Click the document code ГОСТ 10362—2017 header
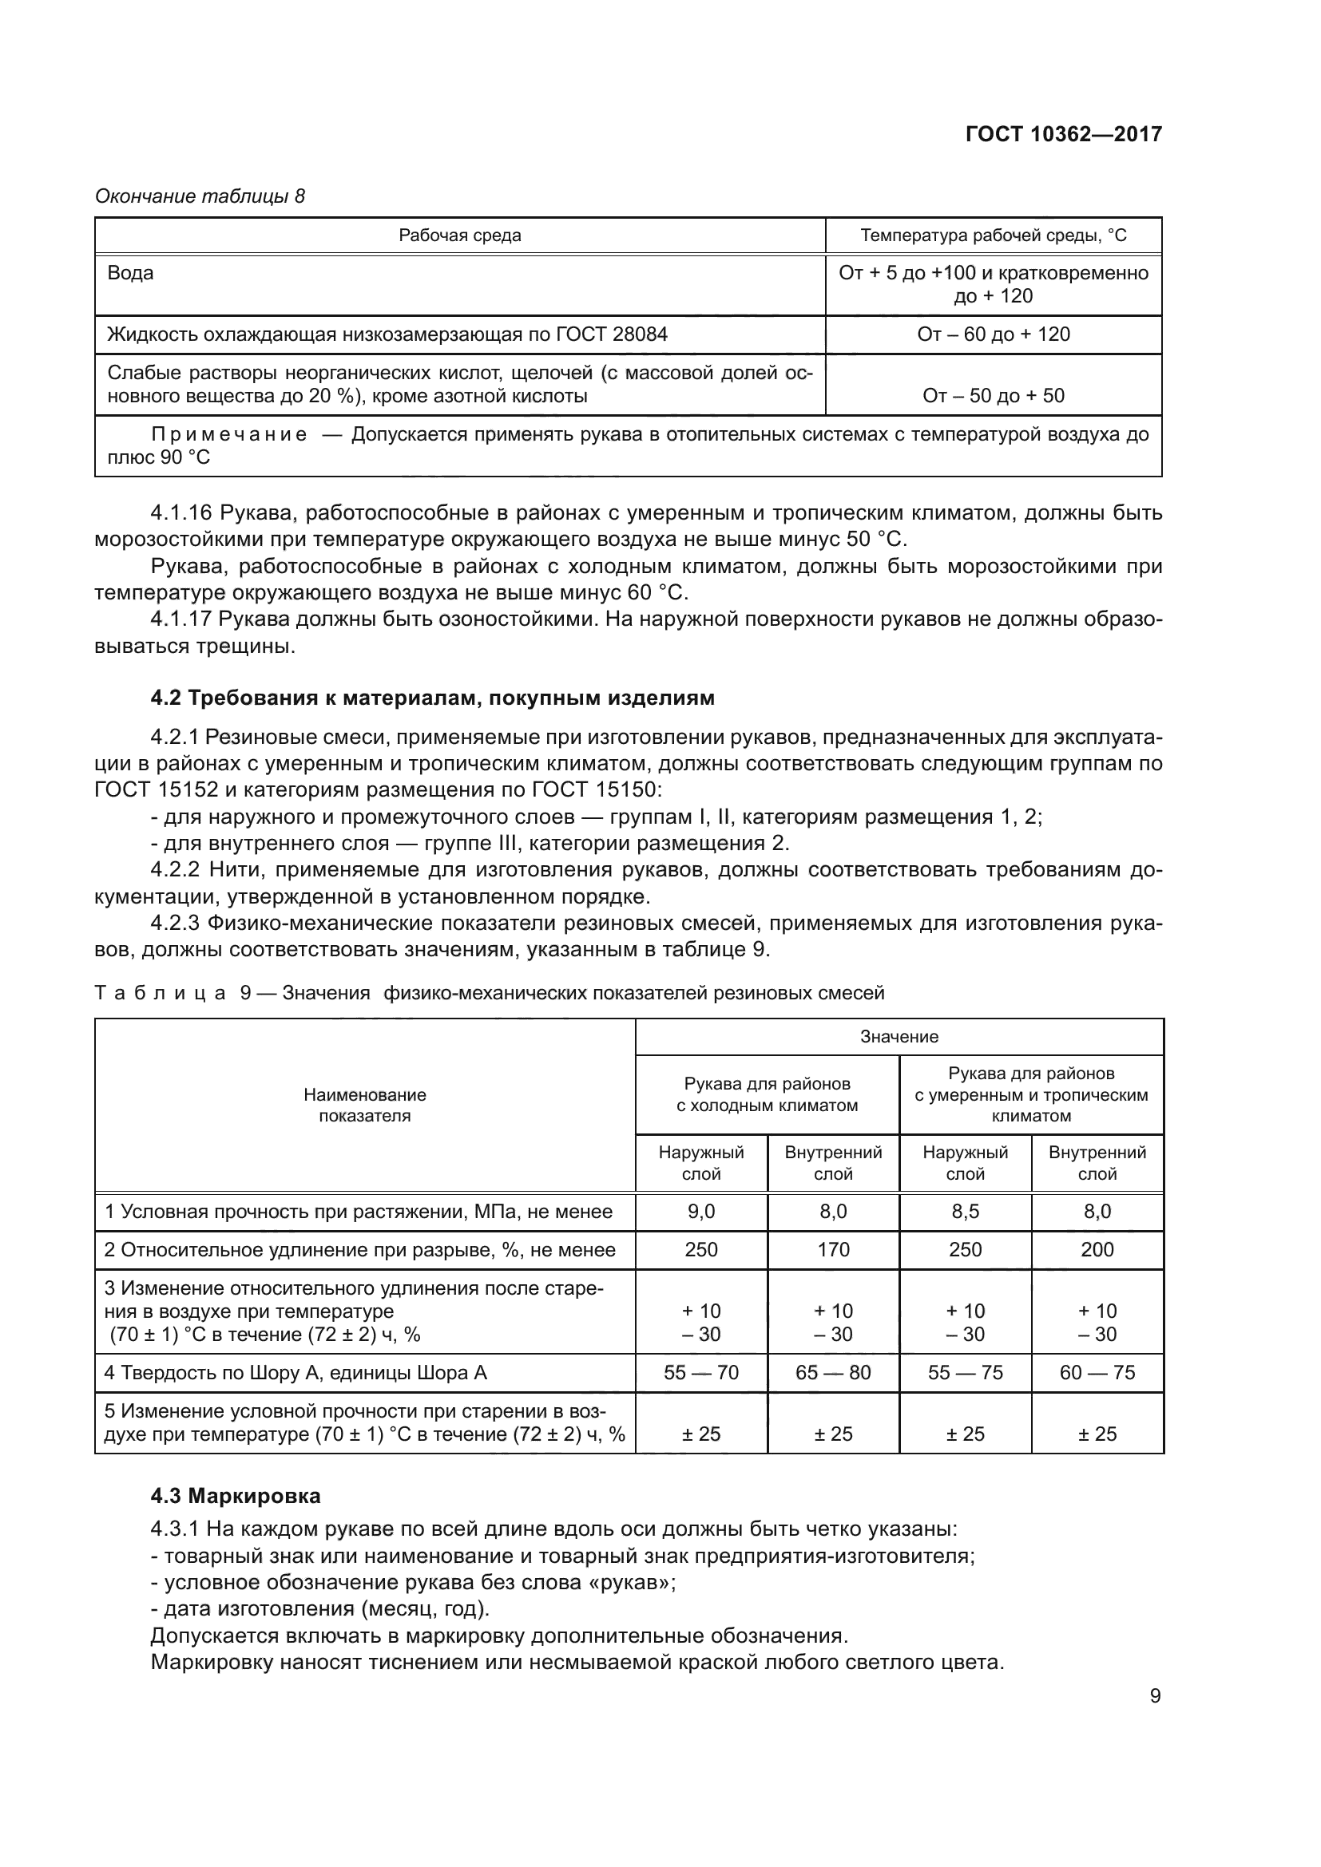(1063, 134)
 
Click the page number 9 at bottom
(1155, 1695)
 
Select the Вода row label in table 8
(130, 273)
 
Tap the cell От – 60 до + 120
(994, 334)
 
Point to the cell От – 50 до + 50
(994, 396)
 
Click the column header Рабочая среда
(459, 235)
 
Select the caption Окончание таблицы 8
(200, 196)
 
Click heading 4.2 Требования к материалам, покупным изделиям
(433, 698)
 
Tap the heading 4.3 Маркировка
(235, 1495)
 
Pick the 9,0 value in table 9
(701, 1212)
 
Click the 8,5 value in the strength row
(965, 1212)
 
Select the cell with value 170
(833, 1250)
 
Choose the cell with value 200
(1097, 1250)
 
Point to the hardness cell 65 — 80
(833, 1373)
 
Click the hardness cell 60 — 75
(1097, 1373)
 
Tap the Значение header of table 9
(899, 1037)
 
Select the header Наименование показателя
(364, 1105)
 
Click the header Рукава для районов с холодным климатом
(767, 1094)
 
